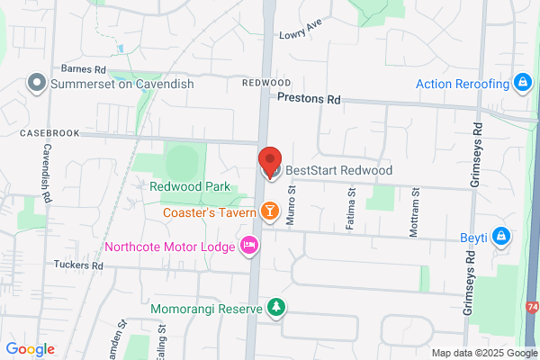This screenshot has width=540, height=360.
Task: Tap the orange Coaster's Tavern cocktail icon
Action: pos(269,211)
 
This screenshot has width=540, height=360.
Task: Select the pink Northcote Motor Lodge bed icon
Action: pos(249,244)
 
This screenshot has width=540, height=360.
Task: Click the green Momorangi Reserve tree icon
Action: pos(277,309)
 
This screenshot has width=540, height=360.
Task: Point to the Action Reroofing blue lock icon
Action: pos(521,84)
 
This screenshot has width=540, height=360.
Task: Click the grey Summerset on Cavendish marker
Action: pos(37,84)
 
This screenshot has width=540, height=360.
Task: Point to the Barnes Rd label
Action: pos(83,68)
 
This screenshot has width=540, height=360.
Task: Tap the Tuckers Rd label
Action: pos(78,265)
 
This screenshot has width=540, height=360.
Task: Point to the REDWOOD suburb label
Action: pos(266,82)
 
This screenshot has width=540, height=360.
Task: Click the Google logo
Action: pos(30,349)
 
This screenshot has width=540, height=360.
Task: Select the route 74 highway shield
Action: pos(534,308)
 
